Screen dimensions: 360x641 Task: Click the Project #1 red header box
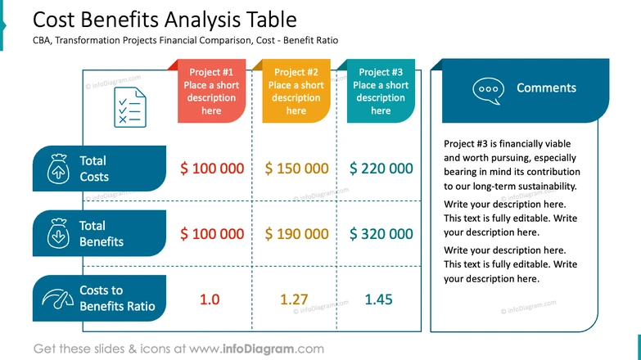coord(211,92)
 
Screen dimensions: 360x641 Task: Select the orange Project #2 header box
coord(296,92)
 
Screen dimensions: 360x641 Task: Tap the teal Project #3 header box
coord(381,92)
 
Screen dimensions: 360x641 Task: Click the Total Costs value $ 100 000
coord(212,169)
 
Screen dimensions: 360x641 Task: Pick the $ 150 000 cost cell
coord(296,169)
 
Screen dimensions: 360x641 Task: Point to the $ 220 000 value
coord(381,169)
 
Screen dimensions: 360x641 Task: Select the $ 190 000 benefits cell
coord(296,234)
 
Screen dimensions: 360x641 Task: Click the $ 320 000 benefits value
coord(381,234)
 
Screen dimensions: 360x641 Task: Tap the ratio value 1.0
coord(210,299)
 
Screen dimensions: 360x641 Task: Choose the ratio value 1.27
coord(296,299)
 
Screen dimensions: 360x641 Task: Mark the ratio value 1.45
coord(378,299)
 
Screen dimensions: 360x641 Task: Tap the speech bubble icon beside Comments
coord(487,89)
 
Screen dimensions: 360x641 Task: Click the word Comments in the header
coord(546,88)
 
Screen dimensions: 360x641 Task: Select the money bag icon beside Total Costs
coord(59,169)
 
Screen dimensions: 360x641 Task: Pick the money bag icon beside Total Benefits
coord(59,234)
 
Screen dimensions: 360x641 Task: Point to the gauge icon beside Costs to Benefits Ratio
coord(58,299)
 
